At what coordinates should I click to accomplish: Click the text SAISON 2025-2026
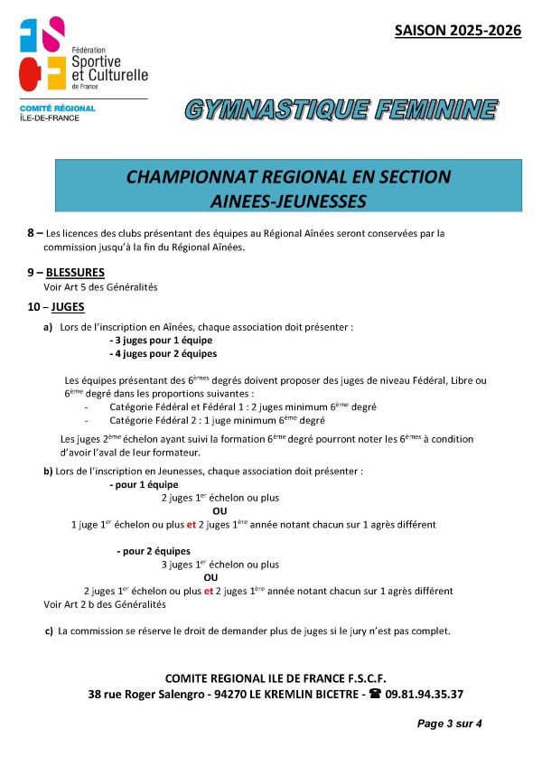click(458, 31)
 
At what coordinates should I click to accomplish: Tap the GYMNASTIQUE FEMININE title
click(341, 109)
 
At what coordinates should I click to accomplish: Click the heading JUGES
click(68, 307)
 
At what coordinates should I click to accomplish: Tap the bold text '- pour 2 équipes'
click(154, 551)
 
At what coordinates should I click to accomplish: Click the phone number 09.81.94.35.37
click(425, 695)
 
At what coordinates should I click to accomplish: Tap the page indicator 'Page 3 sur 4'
click(450, 724)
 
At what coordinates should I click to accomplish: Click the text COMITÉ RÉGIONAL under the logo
click(57, 108)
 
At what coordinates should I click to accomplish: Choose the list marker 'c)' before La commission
click(49, 631)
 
